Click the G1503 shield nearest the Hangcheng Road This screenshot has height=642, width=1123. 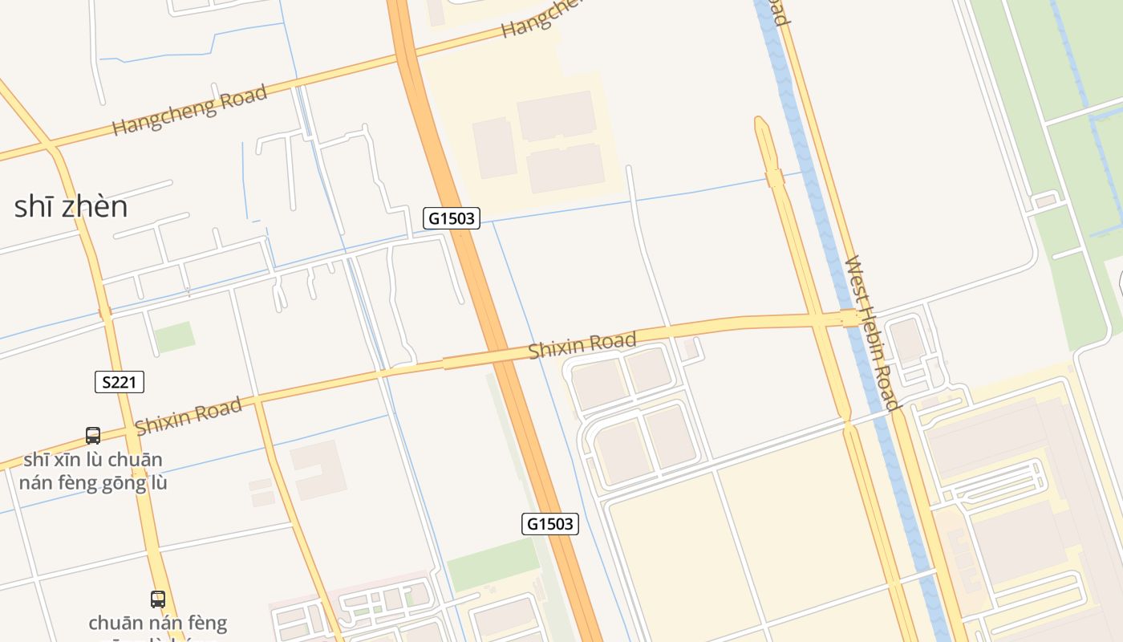click(452, 217)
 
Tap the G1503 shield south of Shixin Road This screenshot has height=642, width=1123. click(550, 524)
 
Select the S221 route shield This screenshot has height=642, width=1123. click(120, 382)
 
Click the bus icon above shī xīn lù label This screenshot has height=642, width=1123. click(93, 436)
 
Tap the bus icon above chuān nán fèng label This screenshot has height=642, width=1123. click(158, 599)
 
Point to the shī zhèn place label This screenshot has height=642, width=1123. click(71, 207)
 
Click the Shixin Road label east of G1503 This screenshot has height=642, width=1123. click(582, 345)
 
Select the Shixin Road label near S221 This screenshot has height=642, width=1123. click(189, 416)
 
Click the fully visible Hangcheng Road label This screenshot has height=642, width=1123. click(189, 109)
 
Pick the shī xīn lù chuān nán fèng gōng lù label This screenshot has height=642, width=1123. click(93, 471)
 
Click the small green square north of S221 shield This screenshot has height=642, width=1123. click(174, 337)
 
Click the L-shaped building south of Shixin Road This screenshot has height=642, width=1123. click(318, 469)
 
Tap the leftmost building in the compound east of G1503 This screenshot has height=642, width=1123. click(494, 148)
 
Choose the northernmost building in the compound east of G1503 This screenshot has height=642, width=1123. click(555, 116)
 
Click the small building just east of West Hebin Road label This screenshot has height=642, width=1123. click(907, 340)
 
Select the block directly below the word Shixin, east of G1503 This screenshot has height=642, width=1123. click(598, 384)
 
